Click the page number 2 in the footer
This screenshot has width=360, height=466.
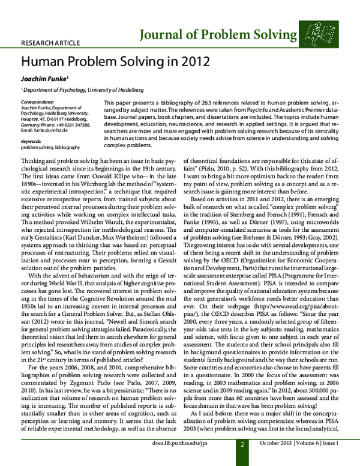click(242, 461)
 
